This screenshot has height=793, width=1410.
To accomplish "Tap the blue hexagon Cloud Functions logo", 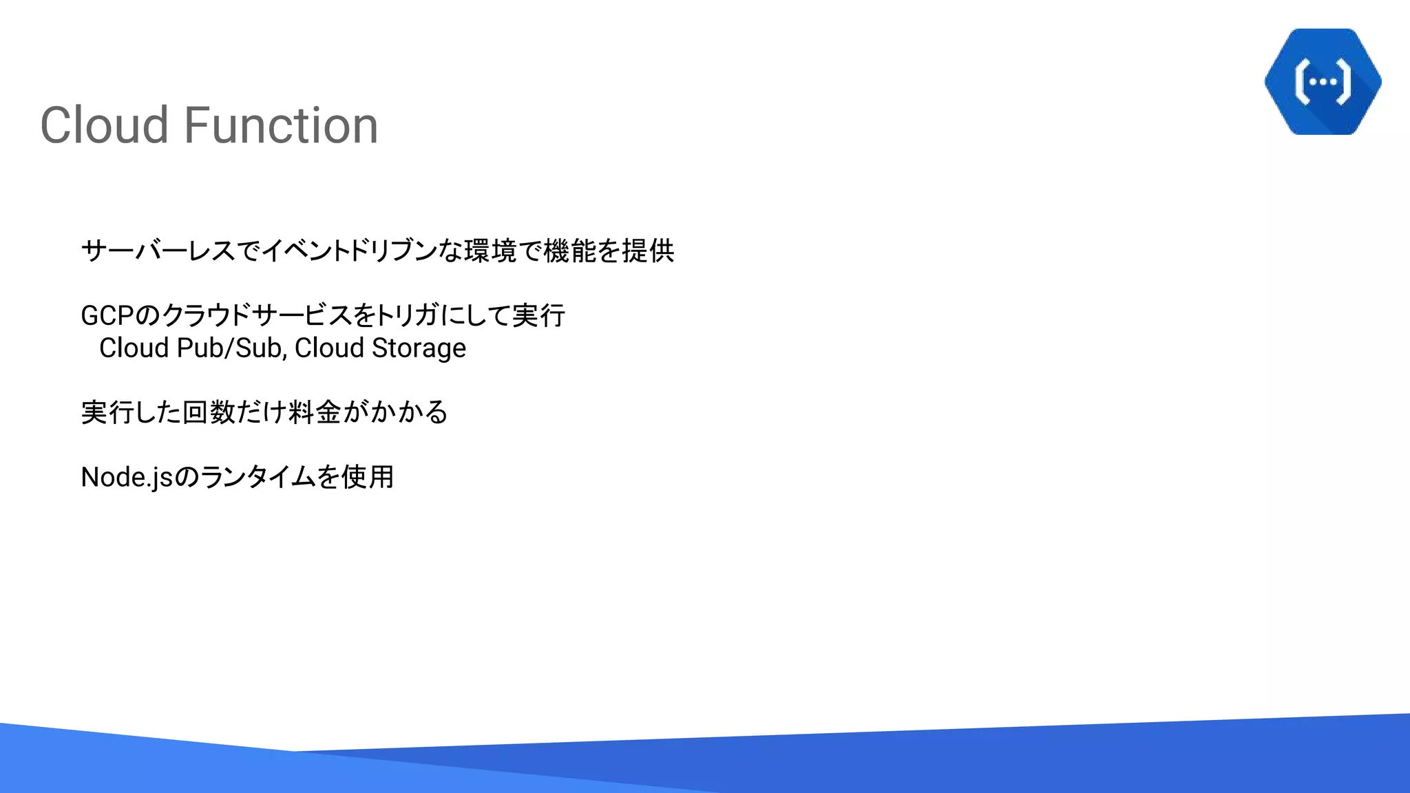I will [x=1323, y=81].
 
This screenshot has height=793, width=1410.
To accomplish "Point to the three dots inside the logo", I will [x=1323, y=82].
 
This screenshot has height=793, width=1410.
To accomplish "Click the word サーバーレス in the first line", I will [x=158, y=251].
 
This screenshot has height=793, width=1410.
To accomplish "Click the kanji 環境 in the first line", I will [x=490, y=251].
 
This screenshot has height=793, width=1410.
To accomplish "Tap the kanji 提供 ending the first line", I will [x=648, y=251].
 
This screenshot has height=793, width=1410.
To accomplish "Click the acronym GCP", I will [x=107, y=316].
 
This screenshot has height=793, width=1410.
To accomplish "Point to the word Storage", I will [x=419, y=348].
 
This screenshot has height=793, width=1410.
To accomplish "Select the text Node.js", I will [x=127, y=477].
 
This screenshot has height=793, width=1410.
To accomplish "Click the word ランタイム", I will [x=257, y=477].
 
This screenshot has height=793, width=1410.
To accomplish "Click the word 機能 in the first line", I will [x=569, y=251].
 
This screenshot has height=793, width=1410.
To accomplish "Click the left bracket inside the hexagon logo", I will [x=1301, y=82].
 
